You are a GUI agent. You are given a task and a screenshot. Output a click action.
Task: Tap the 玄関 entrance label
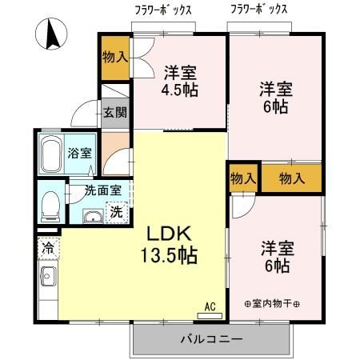(114, 112)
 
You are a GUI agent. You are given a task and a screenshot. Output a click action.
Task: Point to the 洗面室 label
(103, 191)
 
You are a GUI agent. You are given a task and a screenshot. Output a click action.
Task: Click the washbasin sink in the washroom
(92, 215)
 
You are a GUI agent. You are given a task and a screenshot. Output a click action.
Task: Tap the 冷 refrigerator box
(47, 248)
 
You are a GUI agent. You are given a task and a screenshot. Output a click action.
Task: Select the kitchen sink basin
(47, 279)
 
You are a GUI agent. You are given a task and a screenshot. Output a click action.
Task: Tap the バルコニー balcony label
(211, 339)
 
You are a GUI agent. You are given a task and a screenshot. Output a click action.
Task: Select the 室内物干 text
(271, 303)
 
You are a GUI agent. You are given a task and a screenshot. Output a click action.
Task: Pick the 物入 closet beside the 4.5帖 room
(115, 57)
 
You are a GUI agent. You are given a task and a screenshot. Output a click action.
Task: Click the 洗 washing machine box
(117, 213)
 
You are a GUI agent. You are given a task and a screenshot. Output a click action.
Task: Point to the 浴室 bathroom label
(78, 153)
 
